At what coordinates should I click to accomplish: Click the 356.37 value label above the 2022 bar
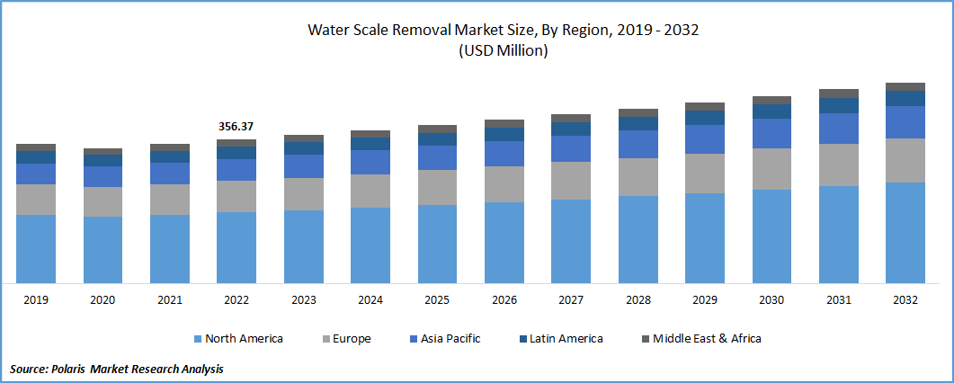(x=236, y=127)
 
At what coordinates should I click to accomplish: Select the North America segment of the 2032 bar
(x=905, y=233)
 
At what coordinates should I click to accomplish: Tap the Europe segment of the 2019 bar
(x=36, y=200)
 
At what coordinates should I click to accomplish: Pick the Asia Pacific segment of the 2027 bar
(x=571, y=149)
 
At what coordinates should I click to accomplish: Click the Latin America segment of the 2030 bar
(x=771, y=111)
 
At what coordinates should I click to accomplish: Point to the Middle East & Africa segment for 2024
(x=370, y=134)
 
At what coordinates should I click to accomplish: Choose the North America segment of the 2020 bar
(x=103, y=250)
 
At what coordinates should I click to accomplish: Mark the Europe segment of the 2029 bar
(x=705, y=174)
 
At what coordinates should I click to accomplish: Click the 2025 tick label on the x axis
(x=437, y=300)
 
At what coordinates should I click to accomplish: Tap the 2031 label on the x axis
(x=838, y=300)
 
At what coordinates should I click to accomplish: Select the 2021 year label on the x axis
(x=170, y=300)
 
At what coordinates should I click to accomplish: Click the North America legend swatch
(x=197, y=339)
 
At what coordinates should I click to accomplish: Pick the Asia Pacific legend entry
(x=449, y=339)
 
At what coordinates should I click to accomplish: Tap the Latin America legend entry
(x=564, y=339)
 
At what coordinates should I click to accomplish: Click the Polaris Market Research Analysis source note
(x=117, y=369)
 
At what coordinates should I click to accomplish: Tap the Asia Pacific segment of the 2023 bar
(x=304, y=166)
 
